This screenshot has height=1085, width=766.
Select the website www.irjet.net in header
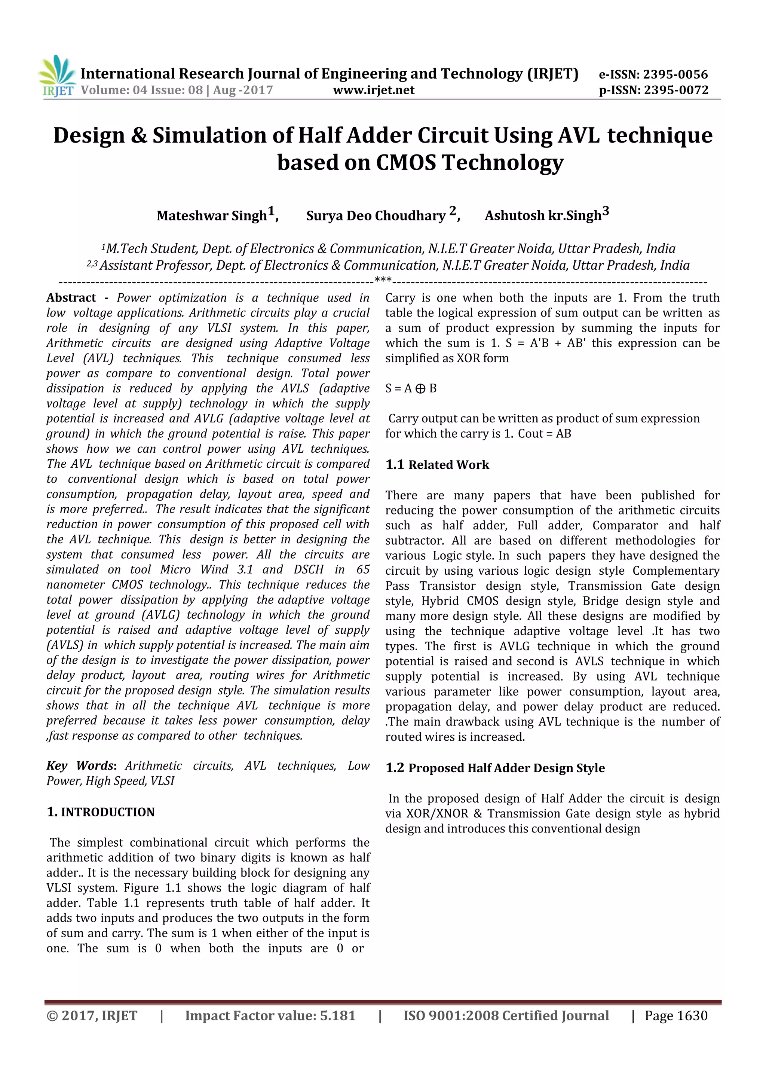373,90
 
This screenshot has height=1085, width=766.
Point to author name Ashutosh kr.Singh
543,216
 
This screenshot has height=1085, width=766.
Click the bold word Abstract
71,298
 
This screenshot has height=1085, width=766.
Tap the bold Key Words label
80,766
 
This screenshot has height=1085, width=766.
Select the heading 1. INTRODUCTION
101,812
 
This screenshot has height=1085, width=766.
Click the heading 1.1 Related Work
437,465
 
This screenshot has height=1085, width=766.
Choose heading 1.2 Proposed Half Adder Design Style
495,768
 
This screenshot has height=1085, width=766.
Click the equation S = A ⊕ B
411,388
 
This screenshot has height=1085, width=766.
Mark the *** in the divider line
383,280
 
